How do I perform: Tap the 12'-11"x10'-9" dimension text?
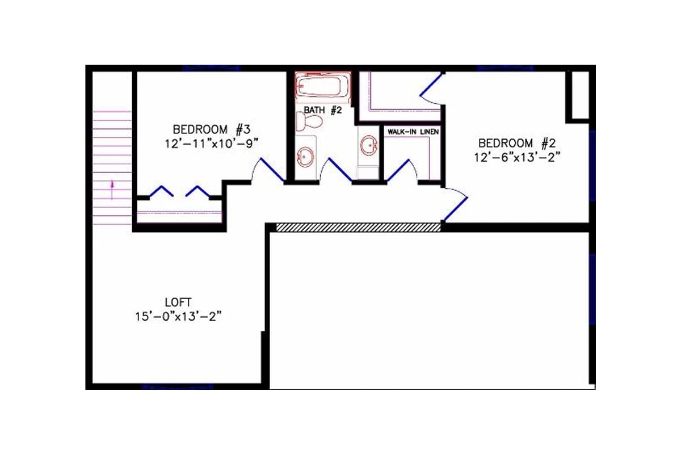pos(212,144)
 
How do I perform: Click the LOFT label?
pos(178,302)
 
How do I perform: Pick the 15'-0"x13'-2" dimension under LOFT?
pos(178,317)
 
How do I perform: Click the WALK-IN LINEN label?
pos(413,132)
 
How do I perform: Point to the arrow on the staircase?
pos(112,187)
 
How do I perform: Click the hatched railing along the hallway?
pos(358,227)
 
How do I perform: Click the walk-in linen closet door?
pos(402,171)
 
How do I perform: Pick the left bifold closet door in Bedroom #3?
pos(161,191)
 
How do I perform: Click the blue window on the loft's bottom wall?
pos(177,387)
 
